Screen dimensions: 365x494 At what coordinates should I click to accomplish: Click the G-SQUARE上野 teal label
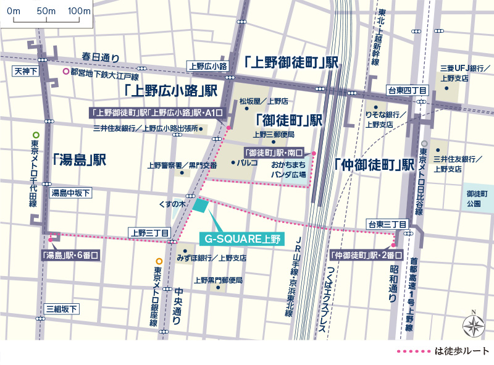coord(241,238)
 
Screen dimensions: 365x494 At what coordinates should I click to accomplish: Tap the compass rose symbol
coord(474,324)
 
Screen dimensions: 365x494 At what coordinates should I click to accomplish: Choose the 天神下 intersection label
coord(25,72)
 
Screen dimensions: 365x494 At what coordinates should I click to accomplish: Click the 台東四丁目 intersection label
coord(406,91)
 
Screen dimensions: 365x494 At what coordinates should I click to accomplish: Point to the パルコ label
coord(247,163)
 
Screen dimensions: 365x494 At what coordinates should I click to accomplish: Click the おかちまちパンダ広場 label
coord(289,170)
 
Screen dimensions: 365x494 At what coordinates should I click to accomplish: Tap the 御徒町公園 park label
coord(478,198)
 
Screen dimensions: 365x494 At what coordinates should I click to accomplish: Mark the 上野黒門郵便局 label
coord(218,280)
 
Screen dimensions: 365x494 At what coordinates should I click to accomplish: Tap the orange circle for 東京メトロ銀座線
coord(159,261)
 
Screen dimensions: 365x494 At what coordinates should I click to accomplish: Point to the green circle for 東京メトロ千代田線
coord(36,135)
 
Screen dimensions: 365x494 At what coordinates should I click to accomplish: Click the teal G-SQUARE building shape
coord(201,205)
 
